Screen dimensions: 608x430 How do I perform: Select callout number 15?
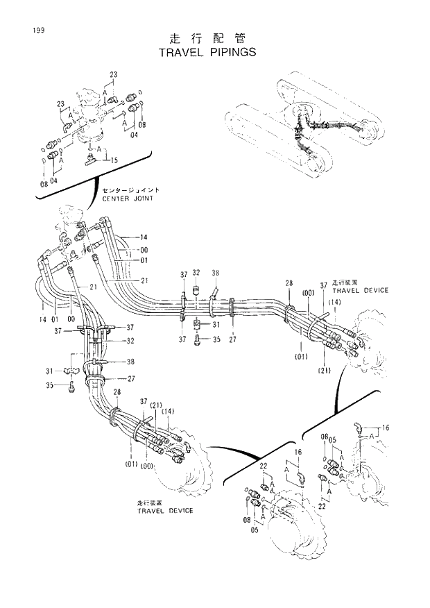114,160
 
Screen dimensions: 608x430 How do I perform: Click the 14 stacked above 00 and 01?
144,237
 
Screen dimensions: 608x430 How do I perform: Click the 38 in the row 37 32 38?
215,273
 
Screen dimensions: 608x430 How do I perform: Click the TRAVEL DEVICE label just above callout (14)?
360,290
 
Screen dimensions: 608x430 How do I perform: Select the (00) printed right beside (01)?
147,466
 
